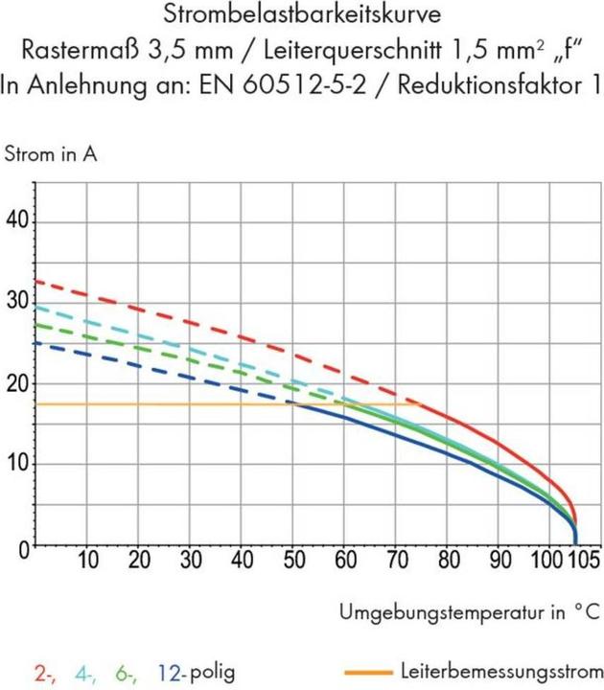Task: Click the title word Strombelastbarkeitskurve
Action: click(302, 16)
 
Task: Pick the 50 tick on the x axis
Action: click(293, 560)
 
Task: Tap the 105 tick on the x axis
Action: click(580, 560)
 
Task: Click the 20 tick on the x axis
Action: click(139, 560)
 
